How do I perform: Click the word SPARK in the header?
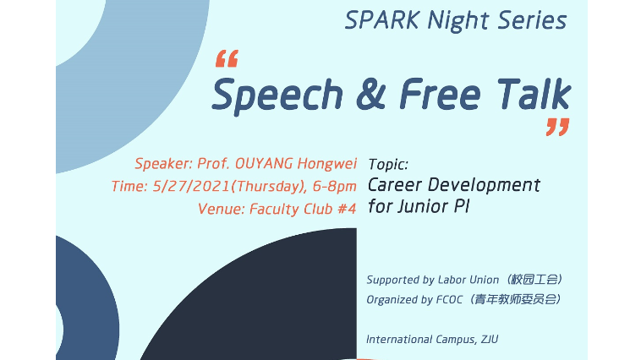click(382, 20)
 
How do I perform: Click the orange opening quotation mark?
click(227, 58)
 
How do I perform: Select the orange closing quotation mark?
click(557, 127)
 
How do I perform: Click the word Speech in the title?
click(277, 95)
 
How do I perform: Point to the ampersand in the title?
click(370, 95)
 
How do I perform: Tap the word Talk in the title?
click(534, 94)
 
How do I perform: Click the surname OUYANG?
click(264, 163)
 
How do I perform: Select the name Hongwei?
click(327, 163)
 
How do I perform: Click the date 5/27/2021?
click(191, 186)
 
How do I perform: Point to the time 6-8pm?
click(334, 186)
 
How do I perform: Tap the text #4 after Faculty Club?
click(347, 209)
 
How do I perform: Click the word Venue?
click(222, 209)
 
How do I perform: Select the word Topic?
click(388, 164)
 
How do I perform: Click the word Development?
click(484, 186)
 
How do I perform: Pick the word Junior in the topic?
click(423, 206)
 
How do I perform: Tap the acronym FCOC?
click(449, 299)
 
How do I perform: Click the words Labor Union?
click(468, 280)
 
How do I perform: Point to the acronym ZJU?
click(490, 339)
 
